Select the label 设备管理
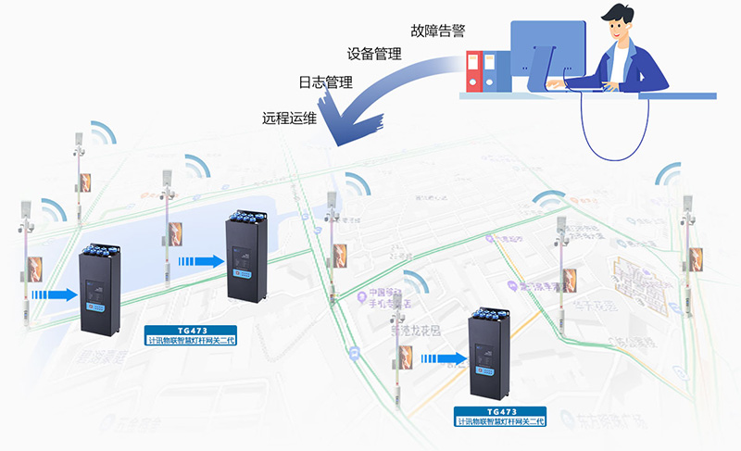click(374, 54)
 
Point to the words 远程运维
click(289, 118)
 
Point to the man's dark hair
click(622, 16)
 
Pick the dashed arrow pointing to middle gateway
click(205, 261)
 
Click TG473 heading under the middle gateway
click(191, 330)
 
